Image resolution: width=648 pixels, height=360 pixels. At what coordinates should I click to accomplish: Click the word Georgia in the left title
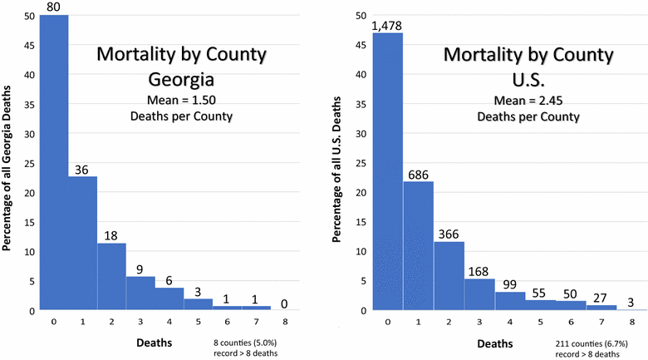[x=181, y=82]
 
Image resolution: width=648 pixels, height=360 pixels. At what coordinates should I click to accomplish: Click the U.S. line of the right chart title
[x=528, y=82]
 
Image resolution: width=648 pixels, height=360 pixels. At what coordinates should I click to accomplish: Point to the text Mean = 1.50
[x=181, y=101]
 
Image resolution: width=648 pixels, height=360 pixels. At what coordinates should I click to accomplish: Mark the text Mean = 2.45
[x=528, y=101]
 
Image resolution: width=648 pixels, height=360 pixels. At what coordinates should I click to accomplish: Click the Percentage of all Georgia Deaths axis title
[x=7, y=163]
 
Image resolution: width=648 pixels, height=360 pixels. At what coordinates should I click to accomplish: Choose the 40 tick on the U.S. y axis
[x=361, y=74]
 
